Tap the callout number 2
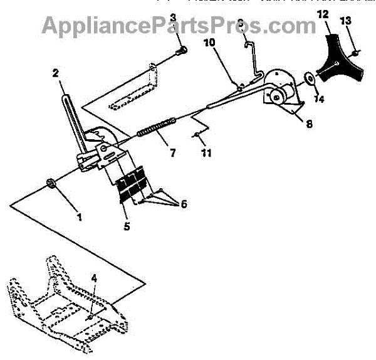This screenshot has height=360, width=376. coord(56,73)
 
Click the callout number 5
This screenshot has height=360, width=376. coord(127,226)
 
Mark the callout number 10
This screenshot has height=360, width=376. coord(208,42)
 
